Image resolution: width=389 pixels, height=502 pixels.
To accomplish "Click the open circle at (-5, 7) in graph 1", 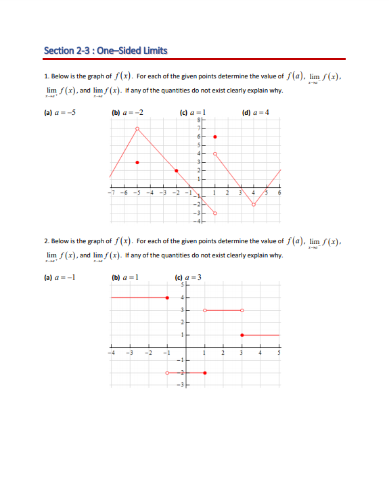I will [x=137, y=128].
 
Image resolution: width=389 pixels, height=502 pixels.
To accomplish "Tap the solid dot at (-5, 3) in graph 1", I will [x=137, y=162].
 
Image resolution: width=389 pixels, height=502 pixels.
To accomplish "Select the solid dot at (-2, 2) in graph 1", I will [x=176, y=171].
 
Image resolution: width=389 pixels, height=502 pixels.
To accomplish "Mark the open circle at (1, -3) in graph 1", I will [x=215, y=214].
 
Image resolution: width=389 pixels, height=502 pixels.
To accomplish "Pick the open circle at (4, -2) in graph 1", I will [x=254, y=205].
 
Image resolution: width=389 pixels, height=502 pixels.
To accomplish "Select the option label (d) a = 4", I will [x=255, y=112].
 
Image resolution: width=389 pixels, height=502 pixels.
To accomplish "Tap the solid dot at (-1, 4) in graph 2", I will [x=167, y=297].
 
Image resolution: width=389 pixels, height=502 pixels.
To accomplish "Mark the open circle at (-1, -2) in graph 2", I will [x=167, y=372].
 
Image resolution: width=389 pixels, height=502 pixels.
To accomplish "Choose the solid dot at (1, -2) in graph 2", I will [x=205, y=372].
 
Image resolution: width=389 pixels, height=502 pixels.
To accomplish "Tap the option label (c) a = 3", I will [x=188, y=278].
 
